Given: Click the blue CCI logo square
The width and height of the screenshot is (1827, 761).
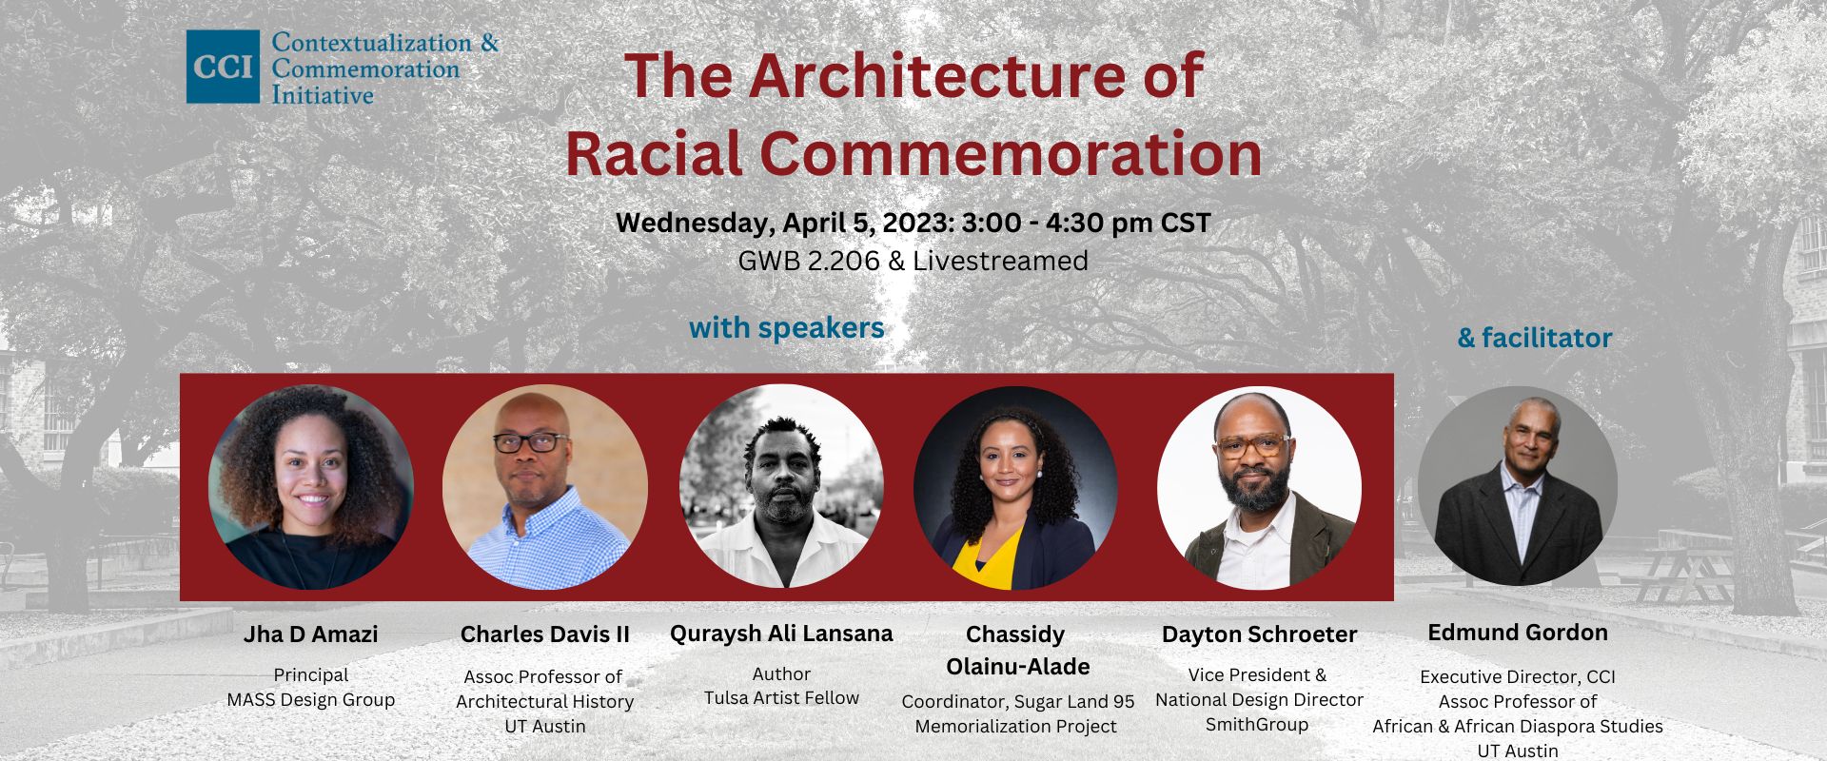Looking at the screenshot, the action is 223,67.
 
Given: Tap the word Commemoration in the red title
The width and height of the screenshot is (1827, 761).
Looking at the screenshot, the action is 1011,153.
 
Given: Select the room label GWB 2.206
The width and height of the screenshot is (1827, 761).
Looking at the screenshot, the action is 809,261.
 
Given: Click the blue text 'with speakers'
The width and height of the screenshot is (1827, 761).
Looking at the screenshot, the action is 787,328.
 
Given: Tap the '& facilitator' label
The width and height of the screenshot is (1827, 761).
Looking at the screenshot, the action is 1535,338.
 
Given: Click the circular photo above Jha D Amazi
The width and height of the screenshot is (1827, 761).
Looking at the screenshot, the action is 311,487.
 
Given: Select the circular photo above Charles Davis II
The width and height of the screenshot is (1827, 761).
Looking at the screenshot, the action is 545,487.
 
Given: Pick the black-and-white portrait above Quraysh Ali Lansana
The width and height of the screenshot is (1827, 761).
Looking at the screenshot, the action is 781,487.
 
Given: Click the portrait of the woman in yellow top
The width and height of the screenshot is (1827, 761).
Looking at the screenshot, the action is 1016,487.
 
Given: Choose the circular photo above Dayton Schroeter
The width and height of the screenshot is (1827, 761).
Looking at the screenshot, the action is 1259,487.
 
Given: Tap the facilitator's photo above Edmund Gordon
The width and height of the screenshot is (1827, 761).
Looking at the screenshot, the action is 1518,485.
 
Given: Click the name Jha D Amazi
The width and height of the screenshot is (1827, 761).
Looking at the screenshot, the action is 311,634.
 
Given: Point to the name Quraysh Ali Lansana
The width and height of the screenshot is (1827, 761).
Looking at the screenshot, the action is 781,634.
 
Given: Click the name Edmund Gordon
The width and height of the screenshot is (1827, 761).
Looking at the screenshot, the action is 1518,633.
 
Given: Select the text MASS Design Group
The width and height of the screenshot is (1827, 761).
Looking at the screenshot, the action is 311,700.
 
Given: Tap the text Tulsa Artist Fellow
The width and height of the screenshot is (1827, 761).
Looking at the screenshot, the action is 781,698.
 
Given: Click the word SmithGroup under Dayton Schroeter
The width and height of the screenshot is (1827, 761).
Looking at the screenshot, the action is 1257,725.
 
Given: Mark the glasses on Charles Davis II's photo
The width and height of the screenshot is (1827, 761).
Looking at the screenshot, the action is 531,442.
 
